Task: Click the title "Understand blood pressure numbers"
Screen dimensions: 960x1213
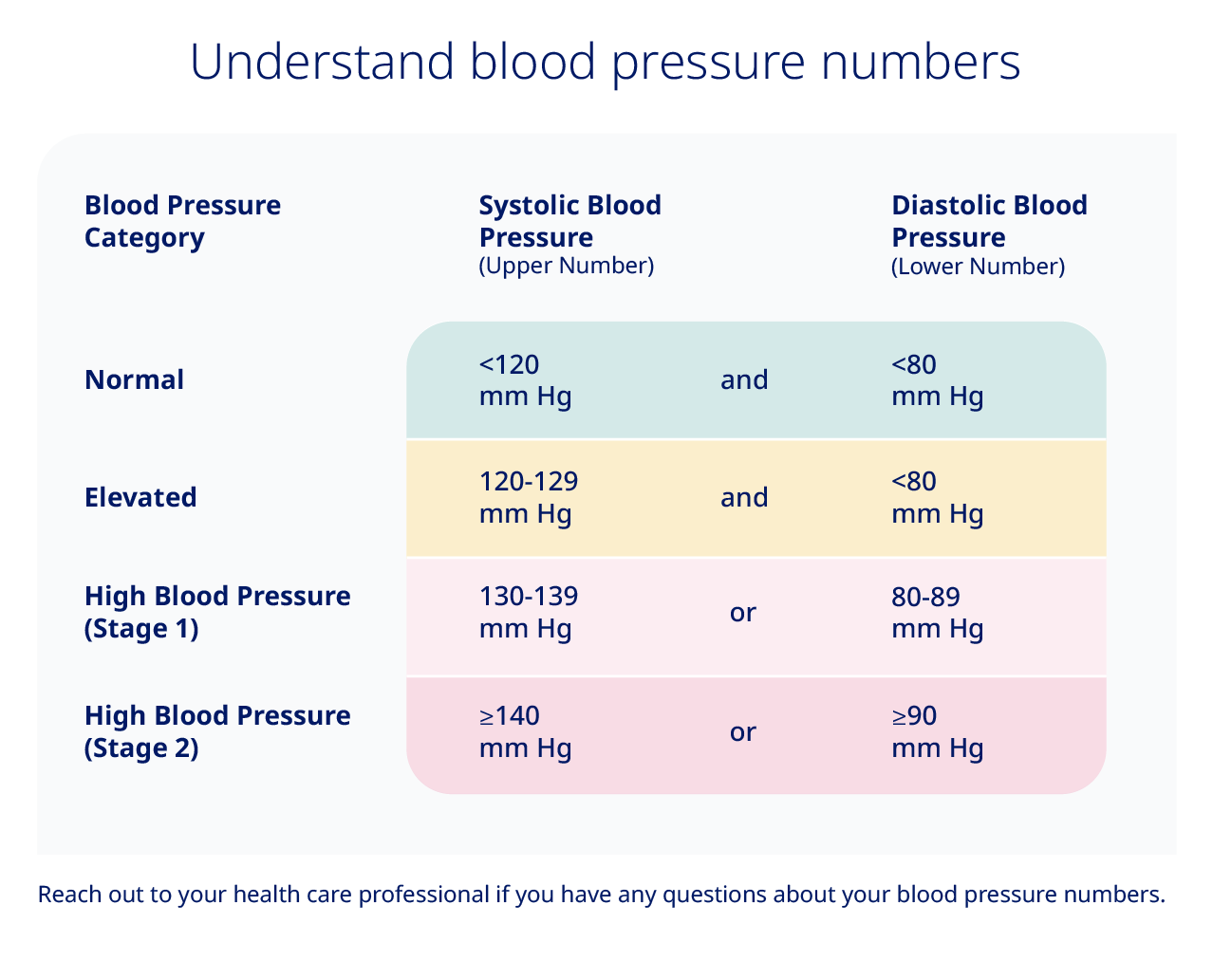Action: pos(605,62)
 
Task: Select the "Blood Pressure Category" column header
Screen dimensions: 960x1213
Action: pos(182,221)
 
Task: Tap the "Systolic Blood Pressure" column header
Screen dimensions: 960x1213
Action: pos(569,221)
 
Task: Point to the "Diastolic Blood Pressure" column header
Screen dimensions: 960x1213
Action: pos(989,221)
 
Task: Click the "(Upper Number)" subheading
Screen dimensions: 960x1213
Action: pos(567,266)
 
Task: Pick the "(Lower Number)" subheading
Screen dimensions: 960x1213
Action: pos(978,267)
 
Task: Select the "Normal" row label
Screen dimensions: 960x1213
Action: pos(134,379)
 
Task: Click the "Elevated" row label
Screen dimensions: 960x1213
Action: pos(140,497)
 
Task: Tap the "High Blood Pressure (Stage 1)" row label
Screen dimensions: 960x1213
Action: pos(217,612)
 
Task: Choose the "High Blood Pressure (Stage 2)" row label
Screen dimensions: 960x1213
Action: pos(217,731)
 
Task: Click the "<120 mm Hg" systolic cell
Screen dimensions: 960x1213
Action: pos(525,379)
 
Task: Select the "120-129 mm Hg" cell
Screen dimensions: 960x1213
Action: pos(529,497)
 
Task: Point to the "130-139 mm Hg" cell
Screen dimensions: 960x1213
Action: pos(529,612)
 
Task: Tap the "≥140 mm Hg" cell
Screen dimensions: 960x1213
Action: pos(525,731)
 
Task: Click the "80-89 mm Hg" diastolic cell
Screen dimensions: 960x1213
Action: pos(937,612)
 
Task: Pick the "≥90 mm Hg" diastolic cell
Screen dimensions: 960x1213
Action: pos(937,731)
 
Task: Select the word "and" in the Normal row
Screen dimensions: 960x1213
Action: pos(744,379)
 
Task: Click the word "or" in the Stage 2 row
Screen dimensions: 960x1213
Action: pos(743,732)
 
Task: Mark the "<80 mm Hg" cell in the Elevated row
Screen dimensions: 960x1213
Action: pos(937,497)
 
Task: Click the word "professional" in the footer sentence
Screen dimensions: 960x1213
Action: pos(423,895)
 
